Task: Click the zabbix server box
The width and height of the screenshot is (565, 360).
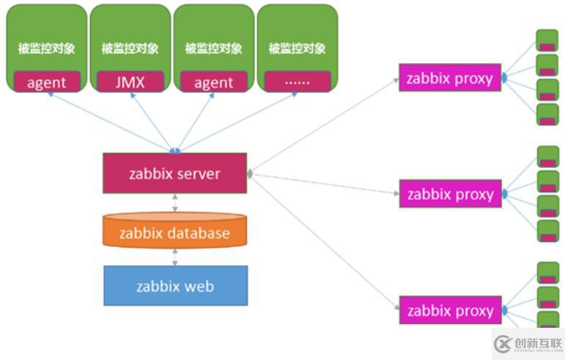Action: tap(174, 174)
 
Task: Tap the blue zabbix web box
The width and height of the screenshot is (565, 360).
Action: tap(174, 285)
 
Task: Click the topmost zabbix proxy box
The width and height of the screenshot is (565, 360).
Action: tap(450, 78)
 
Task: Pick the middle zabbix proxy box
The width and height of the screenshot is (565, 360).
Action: tap(450, 194)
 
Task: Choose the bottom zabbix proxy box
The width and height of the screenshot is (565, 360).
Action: tap(450, 310)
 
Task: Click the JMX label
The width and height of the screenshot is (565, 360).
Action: tap(130, 82)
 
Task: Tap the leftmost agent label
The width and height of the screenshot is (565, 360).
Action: tap(46, 82)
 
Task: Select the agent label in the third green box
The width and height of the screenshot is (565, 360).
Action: tap(213, 82)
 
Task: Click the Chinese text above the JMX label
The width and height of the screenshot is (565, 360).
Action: tap(130, 48)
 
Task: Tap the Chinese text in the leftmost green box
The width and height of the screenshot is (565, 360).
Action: tap(46, 48)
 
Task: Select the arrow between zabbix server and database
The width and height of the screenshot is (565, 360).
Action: tap(174, 203)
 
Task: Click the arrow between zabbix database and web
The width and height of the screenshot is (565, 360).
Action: tap(174, 257)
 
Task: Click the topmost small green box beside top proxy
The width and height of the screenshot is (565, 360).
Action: tap(547, 40)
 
